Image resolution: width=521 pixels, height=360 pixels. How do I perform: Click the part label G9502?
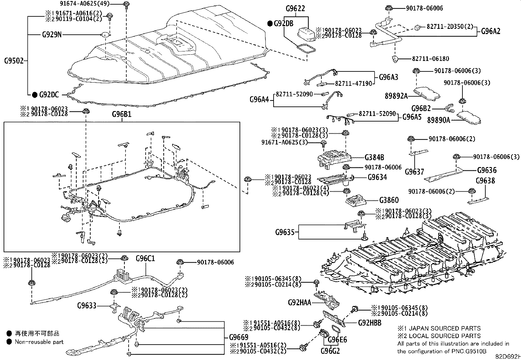tap(14, 61)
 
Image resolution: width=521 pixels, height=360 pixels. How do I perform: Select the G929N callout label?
tap(52, 34)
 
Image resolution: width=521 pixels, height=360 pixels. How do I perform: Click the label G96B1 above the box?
tap(122, 114)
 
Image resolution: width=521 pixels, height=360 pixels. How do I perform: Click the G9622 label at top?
tap(295, 9)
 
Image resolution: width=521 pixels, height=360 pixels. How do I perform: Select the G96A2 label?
tap(491, 31)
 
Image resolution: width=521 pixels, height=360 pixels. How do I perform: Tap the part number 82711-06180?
tap(430, 59)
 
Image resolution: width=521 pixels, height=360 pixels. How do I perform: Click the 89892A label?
tap(396, 96)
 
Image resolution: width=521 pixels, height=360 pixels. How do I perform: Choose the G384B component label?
tap(374, 158)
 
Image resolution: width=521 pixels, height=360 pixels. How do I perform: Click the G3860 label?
tap(389, 200)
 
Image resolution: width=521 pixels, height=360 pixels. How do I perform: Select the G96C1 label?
tap(145, 259)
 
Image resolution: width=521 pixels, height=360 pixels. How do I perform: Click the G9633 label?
tap(87, 306)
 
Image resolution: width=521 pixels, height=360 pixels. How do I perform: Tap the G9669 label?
tap(239, 337)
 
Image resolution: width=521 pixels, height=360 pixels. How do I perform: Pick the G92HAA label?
tap(300, 302)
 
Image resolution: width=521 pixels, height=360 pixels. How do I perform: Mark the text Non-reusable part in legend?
tap(39, 342)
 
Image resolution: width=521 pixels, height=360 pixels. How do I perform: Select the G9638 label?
tap(485, 180)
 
